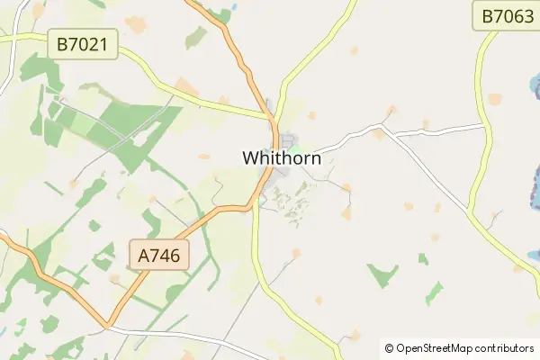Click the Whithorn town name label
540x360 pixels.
pos(282,157)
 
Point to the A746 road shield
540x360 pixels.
pos(159,256)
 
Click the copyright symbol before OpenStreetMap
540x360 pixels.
pos(389,348)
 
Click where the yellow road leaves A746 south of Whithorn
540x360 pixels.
pos(256,203)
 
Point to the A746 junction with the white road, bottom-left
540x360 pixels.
pos(108,326)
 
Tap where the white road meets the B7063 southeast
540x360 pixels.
pos(469,213)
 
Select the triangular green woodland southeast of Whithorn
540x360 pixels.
pos(382,274)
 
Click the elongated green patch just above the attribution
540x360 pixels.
pos(436,293)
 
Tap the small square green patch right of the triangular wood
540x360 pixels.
pos(422,259)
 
